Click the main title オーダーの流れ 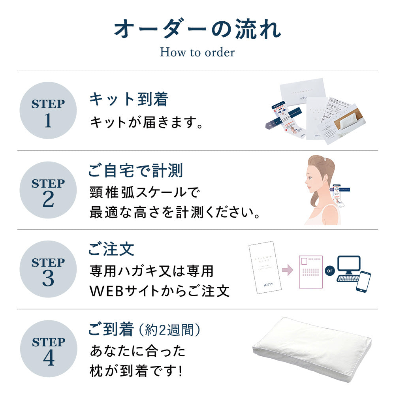(197, 30)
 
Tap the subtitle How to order (197, 52)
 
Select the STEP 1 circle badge (48, 111)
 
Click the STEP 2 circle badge (48, 190)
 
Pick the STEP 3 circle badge (48, 269)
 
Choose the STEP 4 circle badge (48, 349)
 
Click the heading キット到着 (128, 99)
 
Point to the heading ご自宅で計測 (135, 171)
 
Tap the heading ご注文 (111, 249)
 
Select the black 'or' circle (329, 271)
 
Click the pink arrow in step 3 (288, 270)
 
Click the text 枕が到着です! (136, 371)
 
